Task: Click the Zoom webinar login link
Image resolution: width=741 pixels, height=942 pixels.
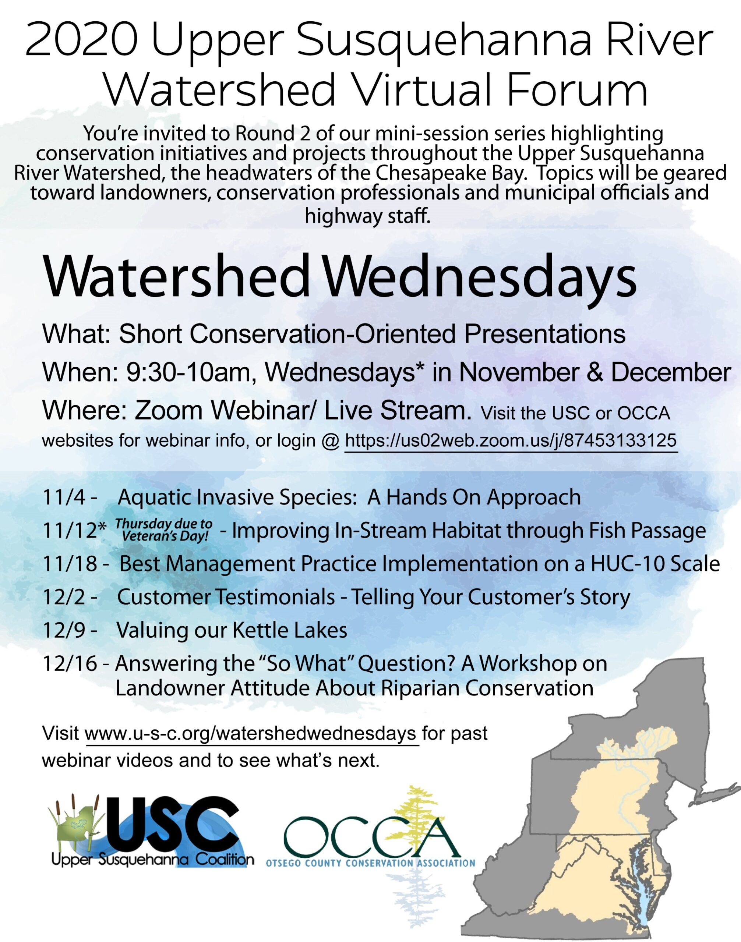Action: pyautogui.click(x=511, y=441)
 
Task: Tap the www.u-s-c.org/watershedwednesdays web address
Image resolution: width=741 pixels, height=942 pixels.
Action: pyautogui.click(x=252, y=733)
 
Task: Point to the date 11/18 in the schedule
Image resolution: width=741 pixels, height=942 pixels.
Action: pyautogui.click(x=70, y=564)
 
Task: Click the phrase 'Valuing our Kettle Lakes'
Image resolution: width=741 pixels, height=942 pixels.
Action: pyautogui.click(x=232, y=630)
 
